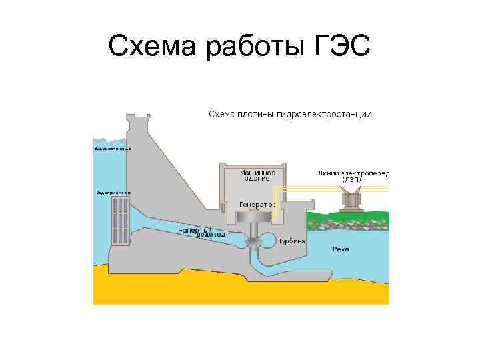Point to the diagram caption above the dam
[290, 114]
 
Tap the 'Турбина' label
[292, 241]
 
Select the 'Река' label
[341, 249]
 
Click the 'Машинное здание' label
[256, 175]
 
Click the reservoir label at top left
[111, 148]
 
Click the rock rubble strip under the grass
[347, 225]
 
